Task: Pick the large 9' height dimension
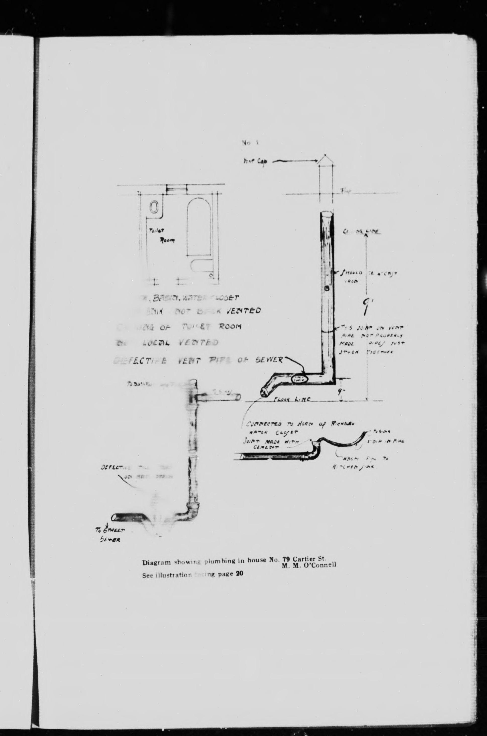click(369, 307)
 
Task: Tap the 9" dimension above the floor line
click(341, 391)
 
